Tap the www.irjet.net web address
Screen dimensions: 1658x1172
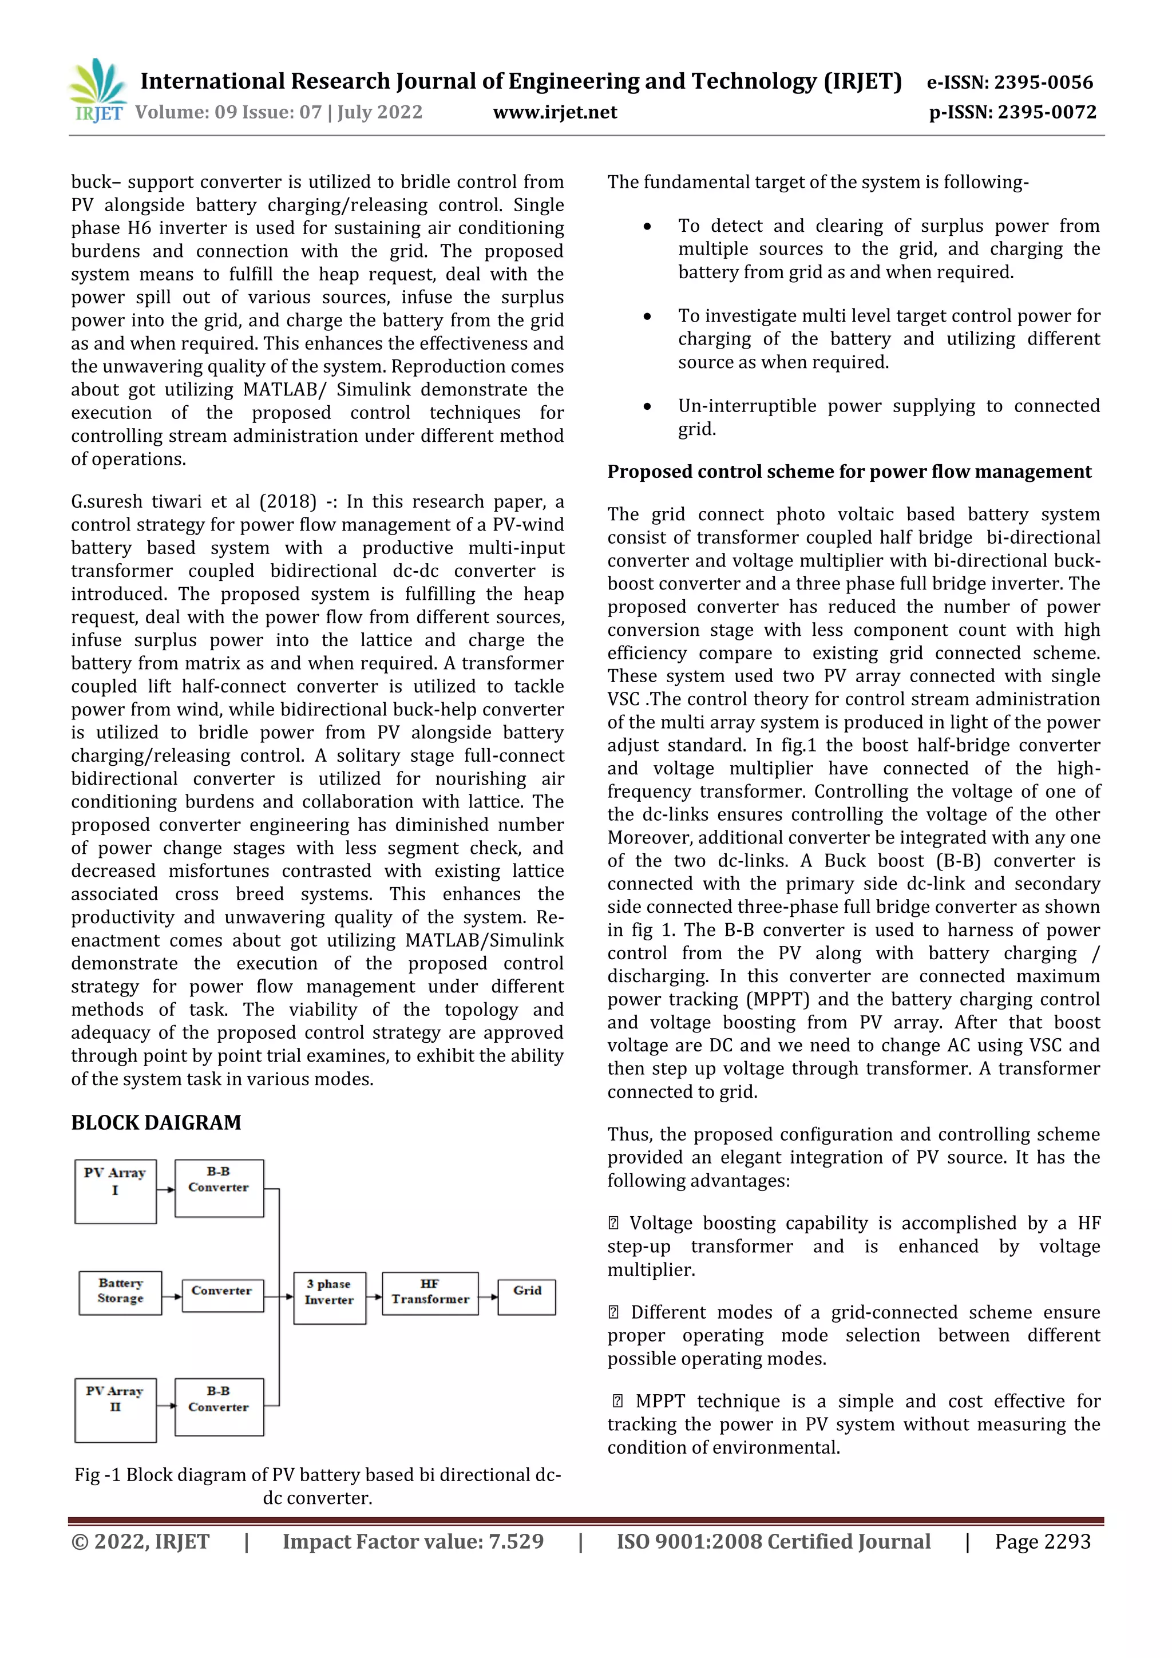click(x=555, y=112)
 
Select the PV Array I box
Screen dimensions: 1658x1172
click(x=116, y=1192)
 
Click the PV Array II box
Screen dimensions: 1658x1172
click(x=116, y=1410)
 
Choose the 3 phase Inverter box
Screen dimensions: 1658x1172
click(x=329, y=1297)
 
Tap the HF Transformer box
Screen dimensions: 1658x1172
click(x=430, y=1293)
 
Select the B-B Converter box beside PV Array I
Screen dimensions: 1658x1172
click(x=219, y=1188)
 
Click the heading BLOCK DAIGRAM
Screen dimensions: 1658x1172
click(x=156, y=1123)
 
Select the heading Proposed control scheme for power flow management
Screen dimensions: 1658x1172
click(x=849, y=472)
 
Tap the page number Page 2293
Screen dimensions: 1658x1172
click(x=1042, y=1542)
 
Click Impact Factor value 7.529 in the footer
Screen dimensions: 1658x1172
click(x=413, y=1542)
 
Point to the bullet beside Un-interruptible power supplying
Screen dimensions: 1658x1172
click(x=647, y=406)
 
